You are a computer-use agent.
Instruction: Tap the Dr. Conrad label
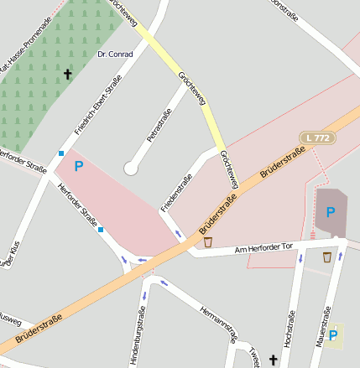(115, 54)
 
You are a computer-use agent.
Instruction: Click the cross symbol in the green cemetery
(67, 74)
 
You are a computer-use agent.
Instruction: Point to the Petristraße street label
(159, 122)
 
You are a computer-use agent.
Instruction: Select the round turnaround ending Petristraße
(130, 168)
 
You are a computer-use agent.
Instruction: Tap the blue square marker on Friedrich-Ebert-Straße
(61, 153)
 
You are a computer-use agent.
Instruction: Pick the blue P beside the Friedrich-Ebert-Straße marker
(78, 166)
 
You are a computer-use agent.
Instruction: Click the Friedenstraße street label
(176, 193)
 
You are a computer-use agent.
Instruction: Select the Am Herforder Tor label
(263, 248)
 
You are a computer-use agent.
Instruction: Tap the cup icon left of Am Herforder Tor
(208, 242)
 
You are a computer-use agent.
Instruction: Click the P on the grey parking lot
(330, 212)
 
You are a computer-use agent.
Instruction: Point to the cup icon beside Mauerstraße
(326, 257)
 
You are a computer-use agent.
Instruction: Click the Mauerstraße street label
(321, 328)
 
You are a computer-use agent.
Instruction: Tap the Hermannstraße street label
(218, 324)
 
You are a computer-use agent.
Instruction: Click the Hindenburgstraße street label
(139, 335)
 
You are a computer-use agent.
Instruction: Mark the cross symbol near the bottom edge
(272, 360)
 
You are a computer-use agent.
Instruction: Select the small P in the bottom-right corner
(335, 337)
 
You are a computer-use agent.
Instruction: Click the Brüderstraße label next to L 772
(282, 162)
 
